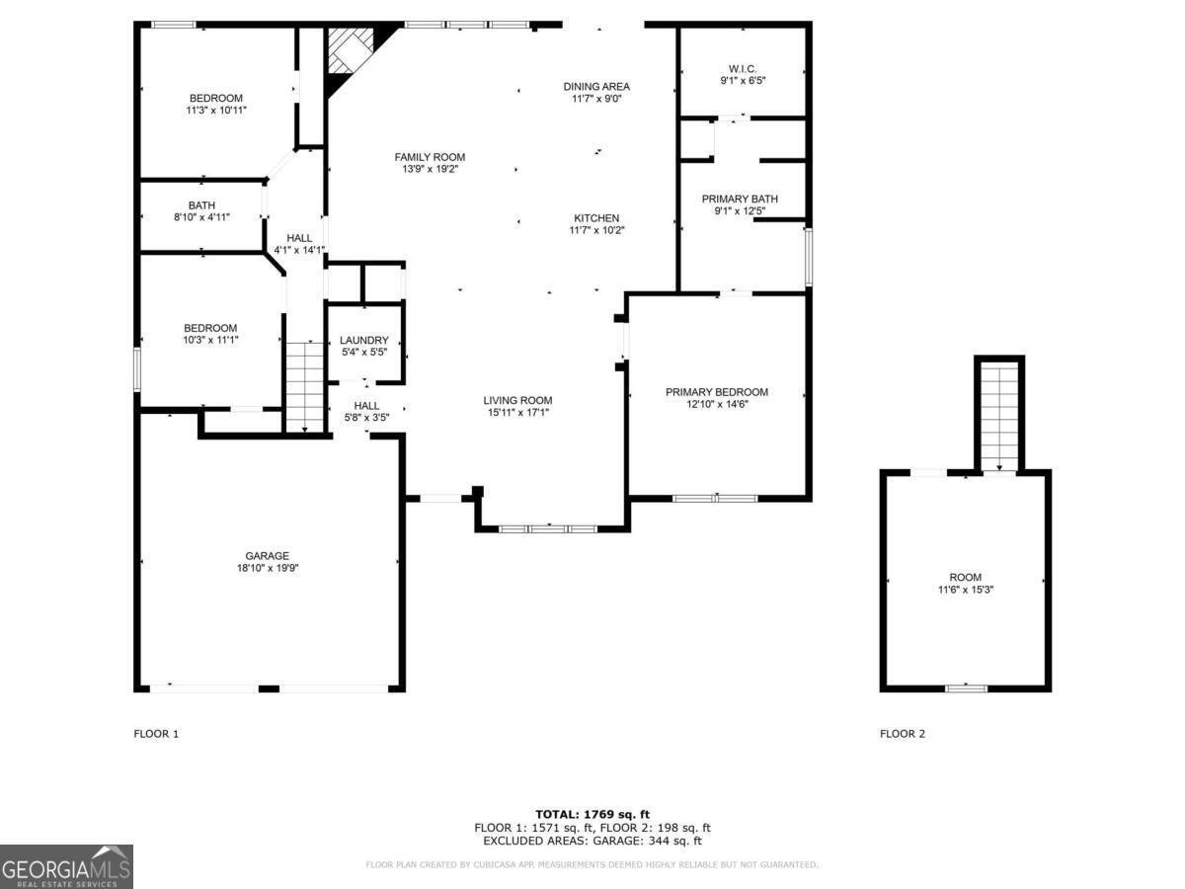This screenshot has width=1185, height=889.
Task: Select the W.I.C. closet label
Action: [x=743, y=69]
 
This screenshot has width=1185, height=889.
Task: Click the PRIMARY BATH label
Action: [x=741, y=199]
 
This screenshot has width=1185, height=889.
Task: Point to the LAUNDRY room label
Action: [x=364, y=341]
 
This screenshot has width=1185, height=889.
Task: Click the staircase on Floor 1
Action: [x=304, y=385]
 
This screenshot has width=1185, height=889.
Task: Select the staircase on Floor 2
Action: [x=999, y=415]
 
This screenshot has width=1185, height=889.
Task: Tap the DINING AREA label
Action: [x=596, y=87]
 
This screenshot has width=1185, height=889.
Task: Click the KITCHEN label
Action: [x=596, y=218]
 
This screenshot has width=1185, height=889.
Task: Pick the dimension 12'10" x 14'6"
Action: [x=716, y=405]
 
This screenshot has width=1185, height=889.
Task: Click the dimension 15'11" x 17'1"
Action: [x=517, y=413]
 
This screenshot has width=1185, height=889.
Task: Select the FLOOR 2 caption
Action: [x=903, y=734]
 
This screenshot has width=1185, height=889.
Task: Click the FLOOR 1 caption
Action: [x=156, y=734]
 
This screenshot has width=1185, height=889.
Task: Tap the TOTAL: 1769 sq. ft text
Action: [x=592, y=814]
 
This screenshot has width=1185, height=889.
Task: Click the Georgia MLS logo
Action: [x=66, y=866]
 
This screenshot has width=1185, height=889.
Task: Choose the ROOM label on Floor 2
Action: [x=966, y=578]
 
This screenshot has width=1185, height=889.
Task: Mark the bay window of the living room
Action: [x=548, y=528]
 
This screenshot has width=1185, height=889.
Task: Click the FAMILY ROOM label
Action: [x=430, y=157]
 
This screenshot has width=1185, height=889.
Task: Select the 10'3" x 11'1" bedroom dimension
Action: [x=210, y=340]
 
